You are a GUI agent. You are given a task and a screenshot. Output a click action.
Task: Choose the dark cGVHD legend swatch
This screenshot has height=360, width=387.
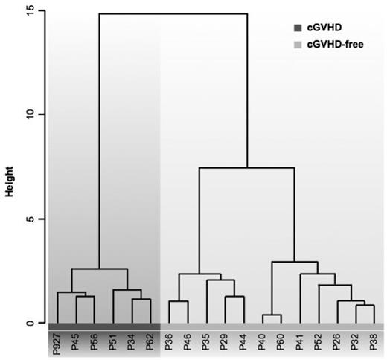click(x=298, y=28)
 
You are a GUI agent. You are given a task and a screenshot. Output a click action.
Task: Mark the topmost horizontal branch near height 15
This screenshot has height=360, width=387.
click(x=173, y=13)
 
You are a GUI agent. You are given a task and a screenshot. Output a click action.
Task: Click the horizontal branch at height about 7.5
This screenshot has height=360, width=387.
click(x=246, y=168)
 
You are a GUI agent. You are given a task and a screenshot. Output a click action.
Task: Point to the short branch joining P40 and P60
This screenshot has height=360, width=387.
click(x=272, y=315)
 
